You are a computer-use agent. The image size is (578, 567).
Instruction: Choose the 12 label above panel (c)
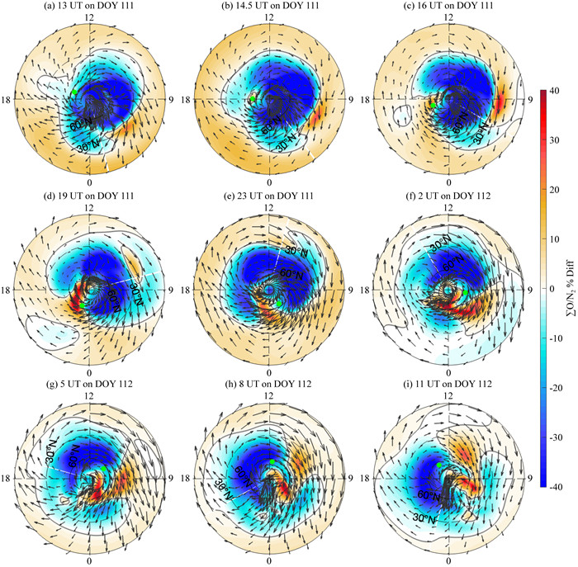[448, 17]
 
